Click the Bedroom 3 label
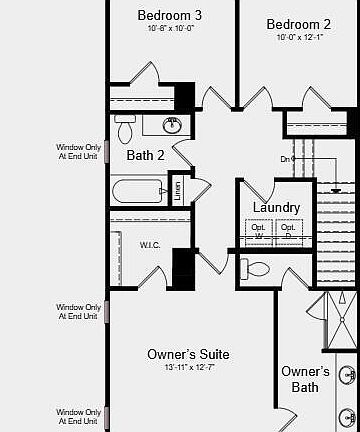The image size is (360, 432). click(169, 16)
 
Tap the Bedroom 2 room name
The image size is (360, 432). click(298, 24)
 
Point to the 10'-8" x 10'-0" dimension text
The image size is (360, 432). click(169, 31)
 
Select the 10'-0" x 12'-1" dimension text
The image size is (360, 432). click(298, 38)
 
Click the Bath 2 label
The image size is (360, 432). click(145, 155)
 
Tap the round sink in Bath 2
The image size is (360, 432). click(173, 126)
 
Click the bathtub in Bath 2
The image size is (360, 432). click(140, 190)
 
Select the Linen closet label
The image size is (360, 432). click(178, 190)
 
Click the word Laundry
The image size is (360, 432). click(276, 207)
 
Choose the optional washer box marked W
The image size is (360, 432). click(259, 232)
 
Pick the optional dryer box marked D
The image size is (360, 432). click(288, 232)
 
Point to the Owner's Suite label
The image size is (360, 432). click(188, 354)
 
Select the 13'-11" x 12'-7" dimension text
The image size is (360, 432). click(188, 368)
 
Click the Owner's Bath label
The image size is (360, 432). click(305, 379)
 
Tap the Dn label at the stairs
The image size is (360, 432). click(285, 159)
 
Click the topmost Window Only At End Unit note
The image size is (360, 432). click(77, 151)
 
